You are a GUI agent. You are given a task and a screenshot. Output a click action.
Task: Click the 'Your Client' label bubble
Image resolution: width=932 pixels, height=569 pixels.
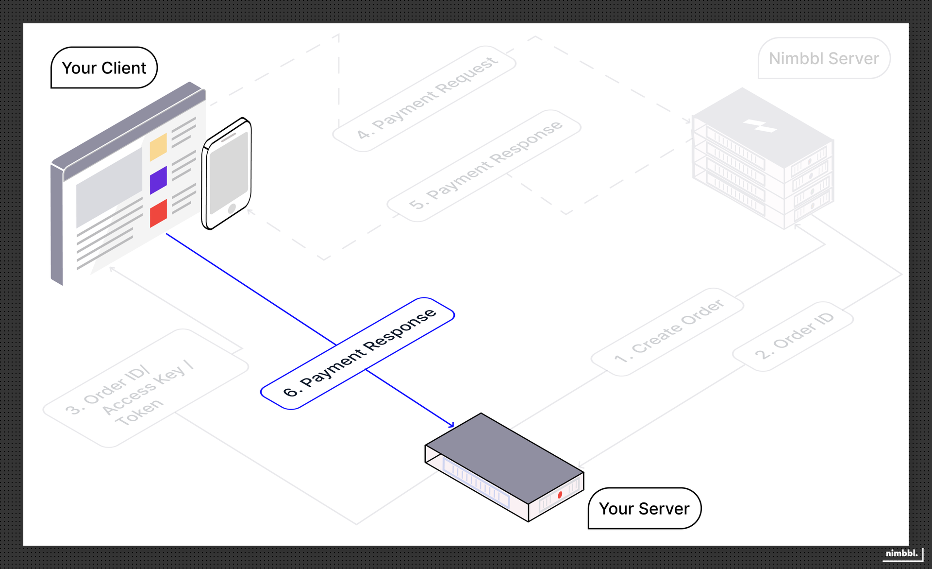click(104, 68)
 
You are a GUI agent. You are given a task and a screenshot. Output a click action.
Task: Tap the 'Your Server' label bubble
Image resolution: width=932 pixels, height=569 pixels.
click(644, 508)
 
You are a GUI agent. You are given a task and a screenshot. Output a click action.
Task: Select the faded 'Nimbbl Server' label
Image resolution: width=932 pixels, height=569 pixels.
click(824, 58)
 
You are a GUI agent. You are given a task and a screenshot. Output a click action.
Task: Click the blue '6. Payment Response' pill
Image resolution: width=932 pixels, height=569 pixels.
click(358, 353)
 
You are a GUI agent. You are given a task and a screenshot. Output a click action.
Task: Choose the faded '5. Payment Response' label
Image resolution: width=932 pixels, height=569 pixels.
click(484, 166)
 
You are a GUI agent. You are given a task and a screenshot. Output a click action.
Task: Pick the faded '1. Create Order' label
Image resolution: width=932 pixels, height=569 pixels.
click(668, 331)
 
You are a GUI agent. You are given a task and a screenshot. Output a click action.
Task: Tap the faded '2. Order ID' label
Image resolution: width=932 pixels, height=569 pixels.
click(793, 336)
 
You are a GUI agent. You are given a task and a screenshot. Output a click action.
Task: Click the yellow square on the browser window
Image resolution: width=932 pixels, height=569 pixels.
click(158, 147)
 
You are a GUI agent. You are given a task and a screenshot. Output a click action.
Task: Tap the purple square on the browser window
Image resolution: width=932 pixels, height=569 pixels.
click(158, 180)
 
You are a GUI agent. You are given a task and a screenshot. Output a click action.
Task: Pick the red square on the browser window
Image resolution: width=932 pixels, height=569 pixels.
click(158, 213)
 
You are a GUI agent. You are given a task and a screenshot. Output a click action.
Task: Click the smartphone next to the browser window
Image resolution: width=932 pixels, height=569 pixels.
click(227, 173)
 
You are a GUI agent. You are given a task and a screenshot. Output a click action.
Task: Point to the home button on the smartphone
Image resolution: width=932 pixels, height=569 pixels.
click(232, 208)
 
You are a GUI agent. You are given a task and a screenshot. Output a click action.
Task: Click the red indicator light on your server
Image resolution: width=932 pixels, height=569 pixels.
click(560, 495)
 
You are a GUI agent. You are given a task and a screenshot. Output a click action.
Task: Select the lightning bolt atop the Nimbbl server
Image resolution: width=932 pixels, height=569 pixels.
click(761, 126)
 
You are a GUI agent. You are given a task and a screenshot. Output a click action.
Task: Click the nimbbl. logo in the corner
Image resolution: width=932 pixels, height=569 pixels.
click(902, 553)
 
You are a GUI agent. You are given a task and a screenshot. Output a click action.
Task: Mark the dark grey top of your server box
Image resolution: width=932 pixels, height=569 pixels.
click(505, 457)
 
